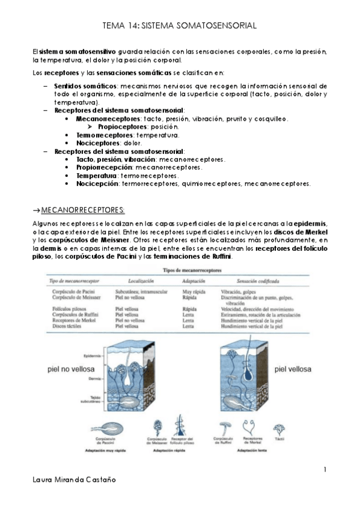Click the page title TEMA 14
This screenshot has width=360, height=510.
[180, 26]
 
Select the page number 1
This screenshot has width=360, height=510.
[325, 469]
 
